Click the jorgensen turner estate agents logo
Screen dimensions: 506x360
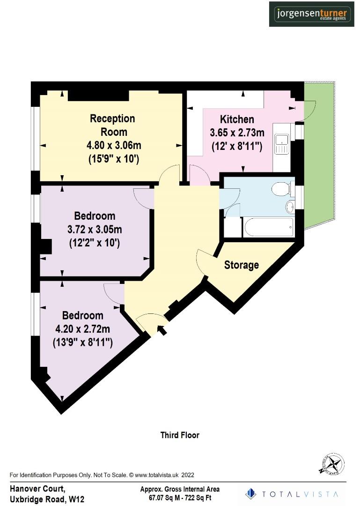point(311,14)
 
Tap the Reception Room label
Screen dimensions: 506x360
point(112,125)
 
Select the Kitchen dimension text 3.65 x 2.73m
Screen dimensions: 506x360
point(237,133)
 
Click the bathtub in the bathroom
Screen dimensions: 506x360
point(268,228)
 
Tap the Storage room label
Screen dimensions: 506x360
point(241,265)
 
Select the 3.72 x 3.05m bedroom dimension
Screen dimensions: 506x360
point(95,230)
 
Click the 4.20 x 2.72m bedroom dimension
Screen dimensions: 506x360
point(82,329)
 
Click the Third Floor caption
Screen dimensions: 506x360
point(180,435)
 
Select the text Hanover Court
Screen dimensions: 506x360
point(37,489)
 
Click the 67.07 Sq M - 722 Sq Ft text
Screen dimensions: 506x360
point(180,498)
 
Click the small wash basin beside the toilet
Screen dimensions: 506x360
point(290,206)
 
